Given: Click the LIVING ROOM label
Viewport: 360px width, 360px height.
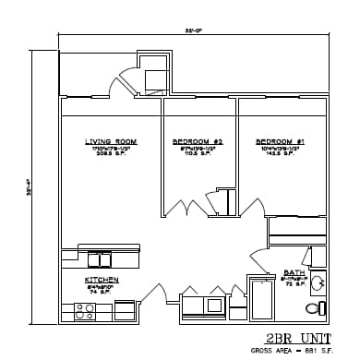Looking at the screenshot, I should coord(110,141).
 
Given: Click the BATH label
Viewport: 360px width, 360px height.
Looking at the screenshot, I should coord(294,272).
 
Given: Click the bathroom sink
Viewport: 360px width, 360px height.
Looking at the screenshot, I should coord(317,283).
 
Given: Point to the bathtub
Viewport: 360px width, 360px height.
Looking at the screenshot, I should coord(261,299).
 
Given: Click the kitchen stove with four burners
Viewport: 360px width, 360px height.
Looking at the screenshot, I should coord(85,312).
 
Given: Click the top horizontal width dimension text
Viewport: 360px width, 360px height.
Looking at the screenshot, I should coord(193,31).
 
